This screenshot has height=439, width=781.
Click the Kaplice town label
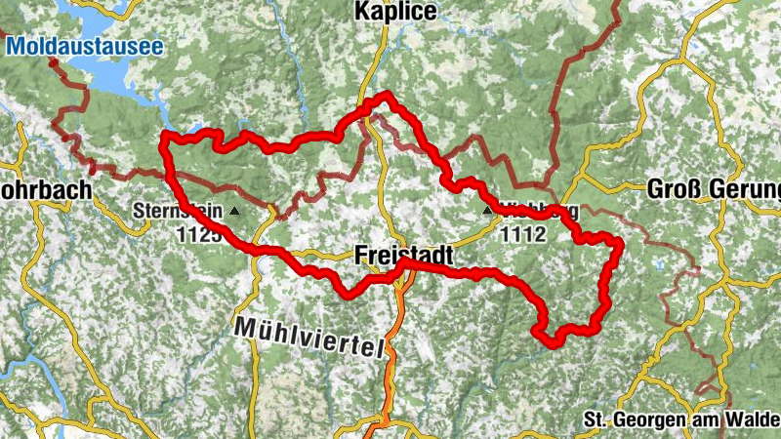(396, 11)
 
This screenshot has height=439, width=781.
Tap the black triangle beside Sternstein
(233, 209)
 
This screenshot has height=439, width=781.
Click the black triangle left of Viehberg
(487, 209)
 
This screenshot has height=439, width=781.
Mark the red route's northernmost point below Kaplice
(387, 94)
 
